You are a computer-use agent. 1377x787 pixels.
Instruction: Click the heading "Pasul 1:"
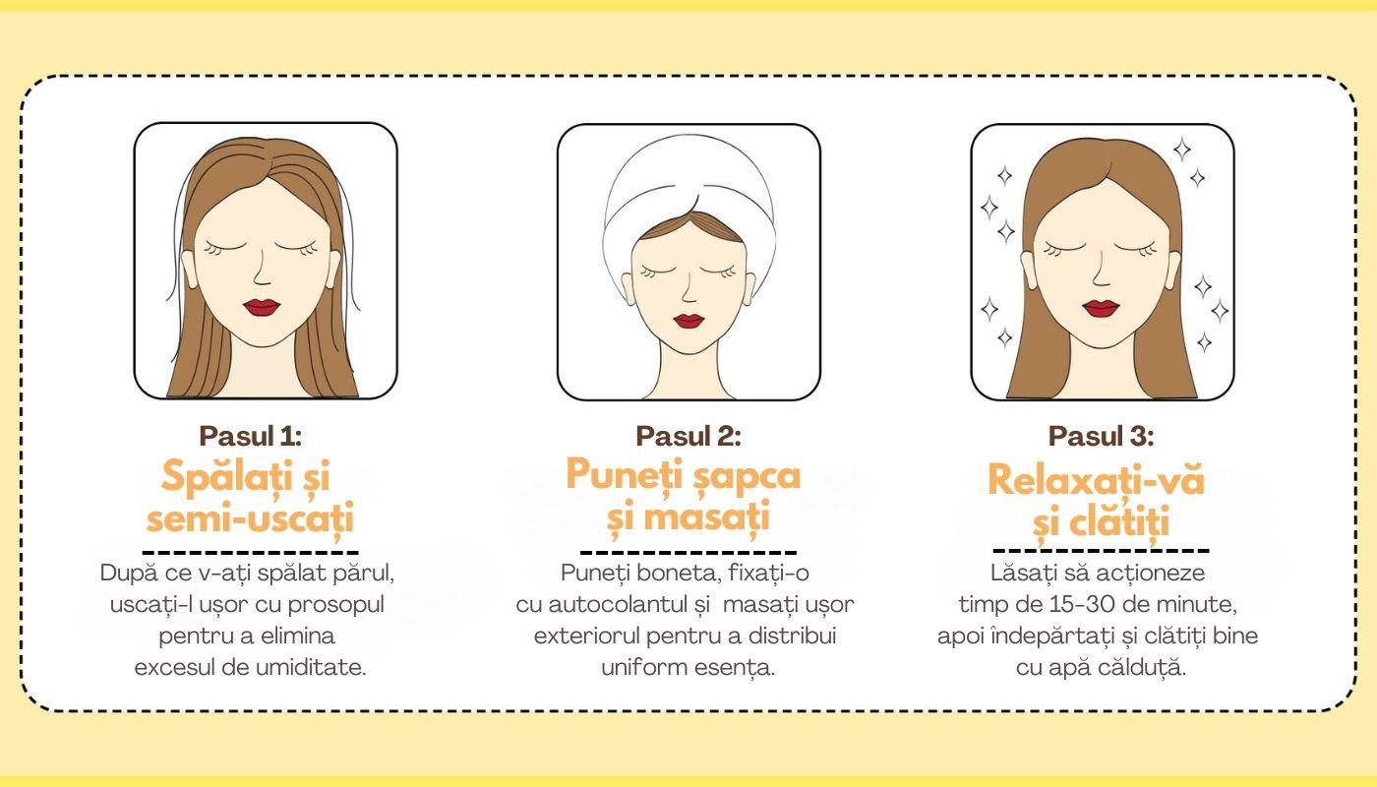[250, 436]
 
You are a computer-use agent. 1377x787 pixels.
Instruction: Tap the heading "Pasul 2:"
[688, 436]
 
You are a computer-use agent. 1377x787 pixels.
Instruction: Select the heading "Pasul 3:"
[1101, 436]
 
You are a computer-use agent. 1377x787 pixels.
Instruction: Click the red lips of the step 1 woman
[262, 307]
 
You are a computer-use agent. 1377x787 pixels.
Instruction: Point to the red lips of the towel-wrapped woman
[688, 321]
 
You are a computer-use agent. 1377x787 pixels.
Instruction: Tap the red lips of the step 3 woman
[1101, 308]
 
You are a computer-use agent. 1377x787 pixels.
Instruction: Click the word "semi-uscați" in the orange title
[250, 519]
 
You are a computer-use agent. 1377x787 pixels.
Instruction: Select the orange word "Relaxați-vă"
[1096, 481]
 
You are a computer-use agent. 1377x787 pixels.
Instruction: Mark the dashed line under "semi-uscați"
[250, 552]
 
